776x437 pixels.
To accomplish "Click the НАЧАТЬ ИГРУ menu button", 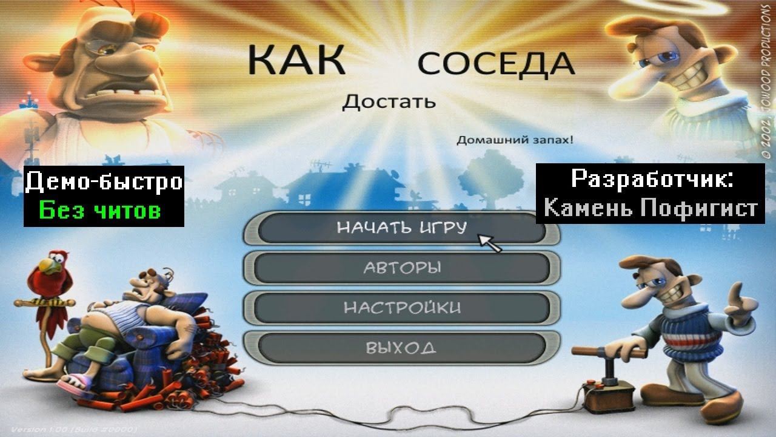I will [x=401, y=228].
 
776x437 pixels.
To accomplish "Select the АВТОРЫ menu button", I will [x=401, y=268].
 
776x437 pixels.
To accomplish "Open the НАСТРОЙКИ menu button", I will [x=401, y=307].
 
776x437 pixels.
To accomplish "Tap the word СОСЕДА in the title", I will [x=495, y=64].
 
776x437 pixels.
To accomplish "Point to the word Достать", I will [x=389, y=101].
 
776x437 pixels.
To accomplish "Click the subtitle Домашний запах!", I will [x=514, y=140].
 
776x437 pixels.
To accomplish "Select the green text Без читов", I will [x=100, y=211].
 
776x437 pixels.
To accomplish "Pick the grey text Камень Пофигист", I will [x=651, y=208].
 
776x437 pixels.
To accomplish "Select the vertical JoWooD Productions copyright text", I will [x=766, y=79].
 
